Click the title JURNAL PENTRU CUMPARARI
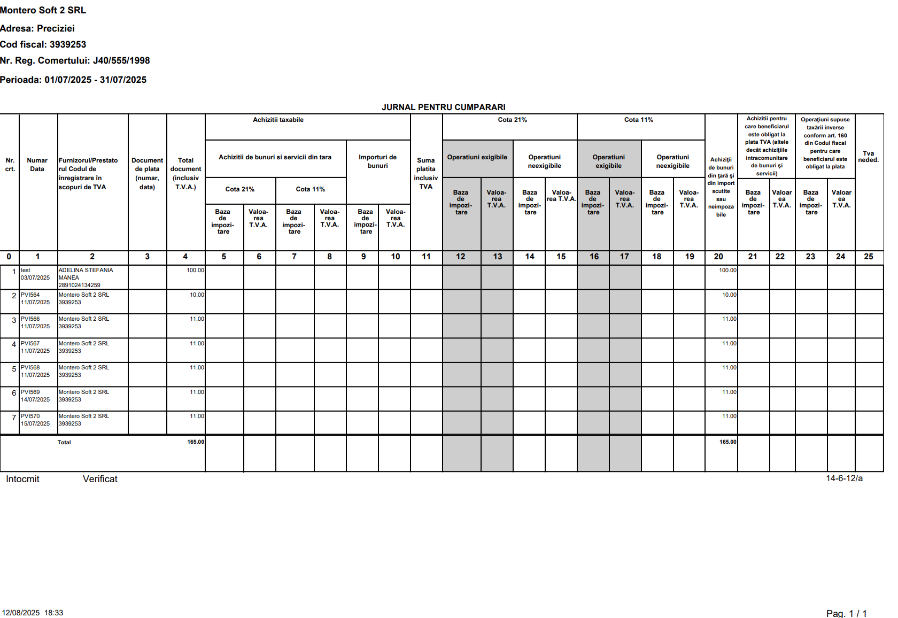443,107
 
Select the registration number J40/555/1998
121,61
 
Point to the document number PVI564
30,295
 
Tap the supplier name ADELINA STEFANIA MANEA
86,274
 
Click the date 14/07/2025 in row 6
35,400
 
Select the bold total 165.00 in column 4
196,442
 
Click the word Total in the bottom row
64,443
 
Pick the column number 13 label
497,257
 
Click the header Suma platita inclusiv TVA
426,173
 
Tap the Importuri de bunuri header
377,161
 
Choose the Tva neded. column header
868,157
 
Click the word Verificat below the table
100,480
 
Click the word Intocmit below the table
22,480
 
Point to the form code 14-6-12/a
844,478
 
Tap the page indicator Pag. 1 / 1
846,613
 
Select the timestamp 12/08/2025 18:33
33,613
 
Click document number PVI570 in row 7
30,416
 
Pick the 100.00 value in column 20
727,271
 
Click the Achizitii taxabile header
278,120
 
